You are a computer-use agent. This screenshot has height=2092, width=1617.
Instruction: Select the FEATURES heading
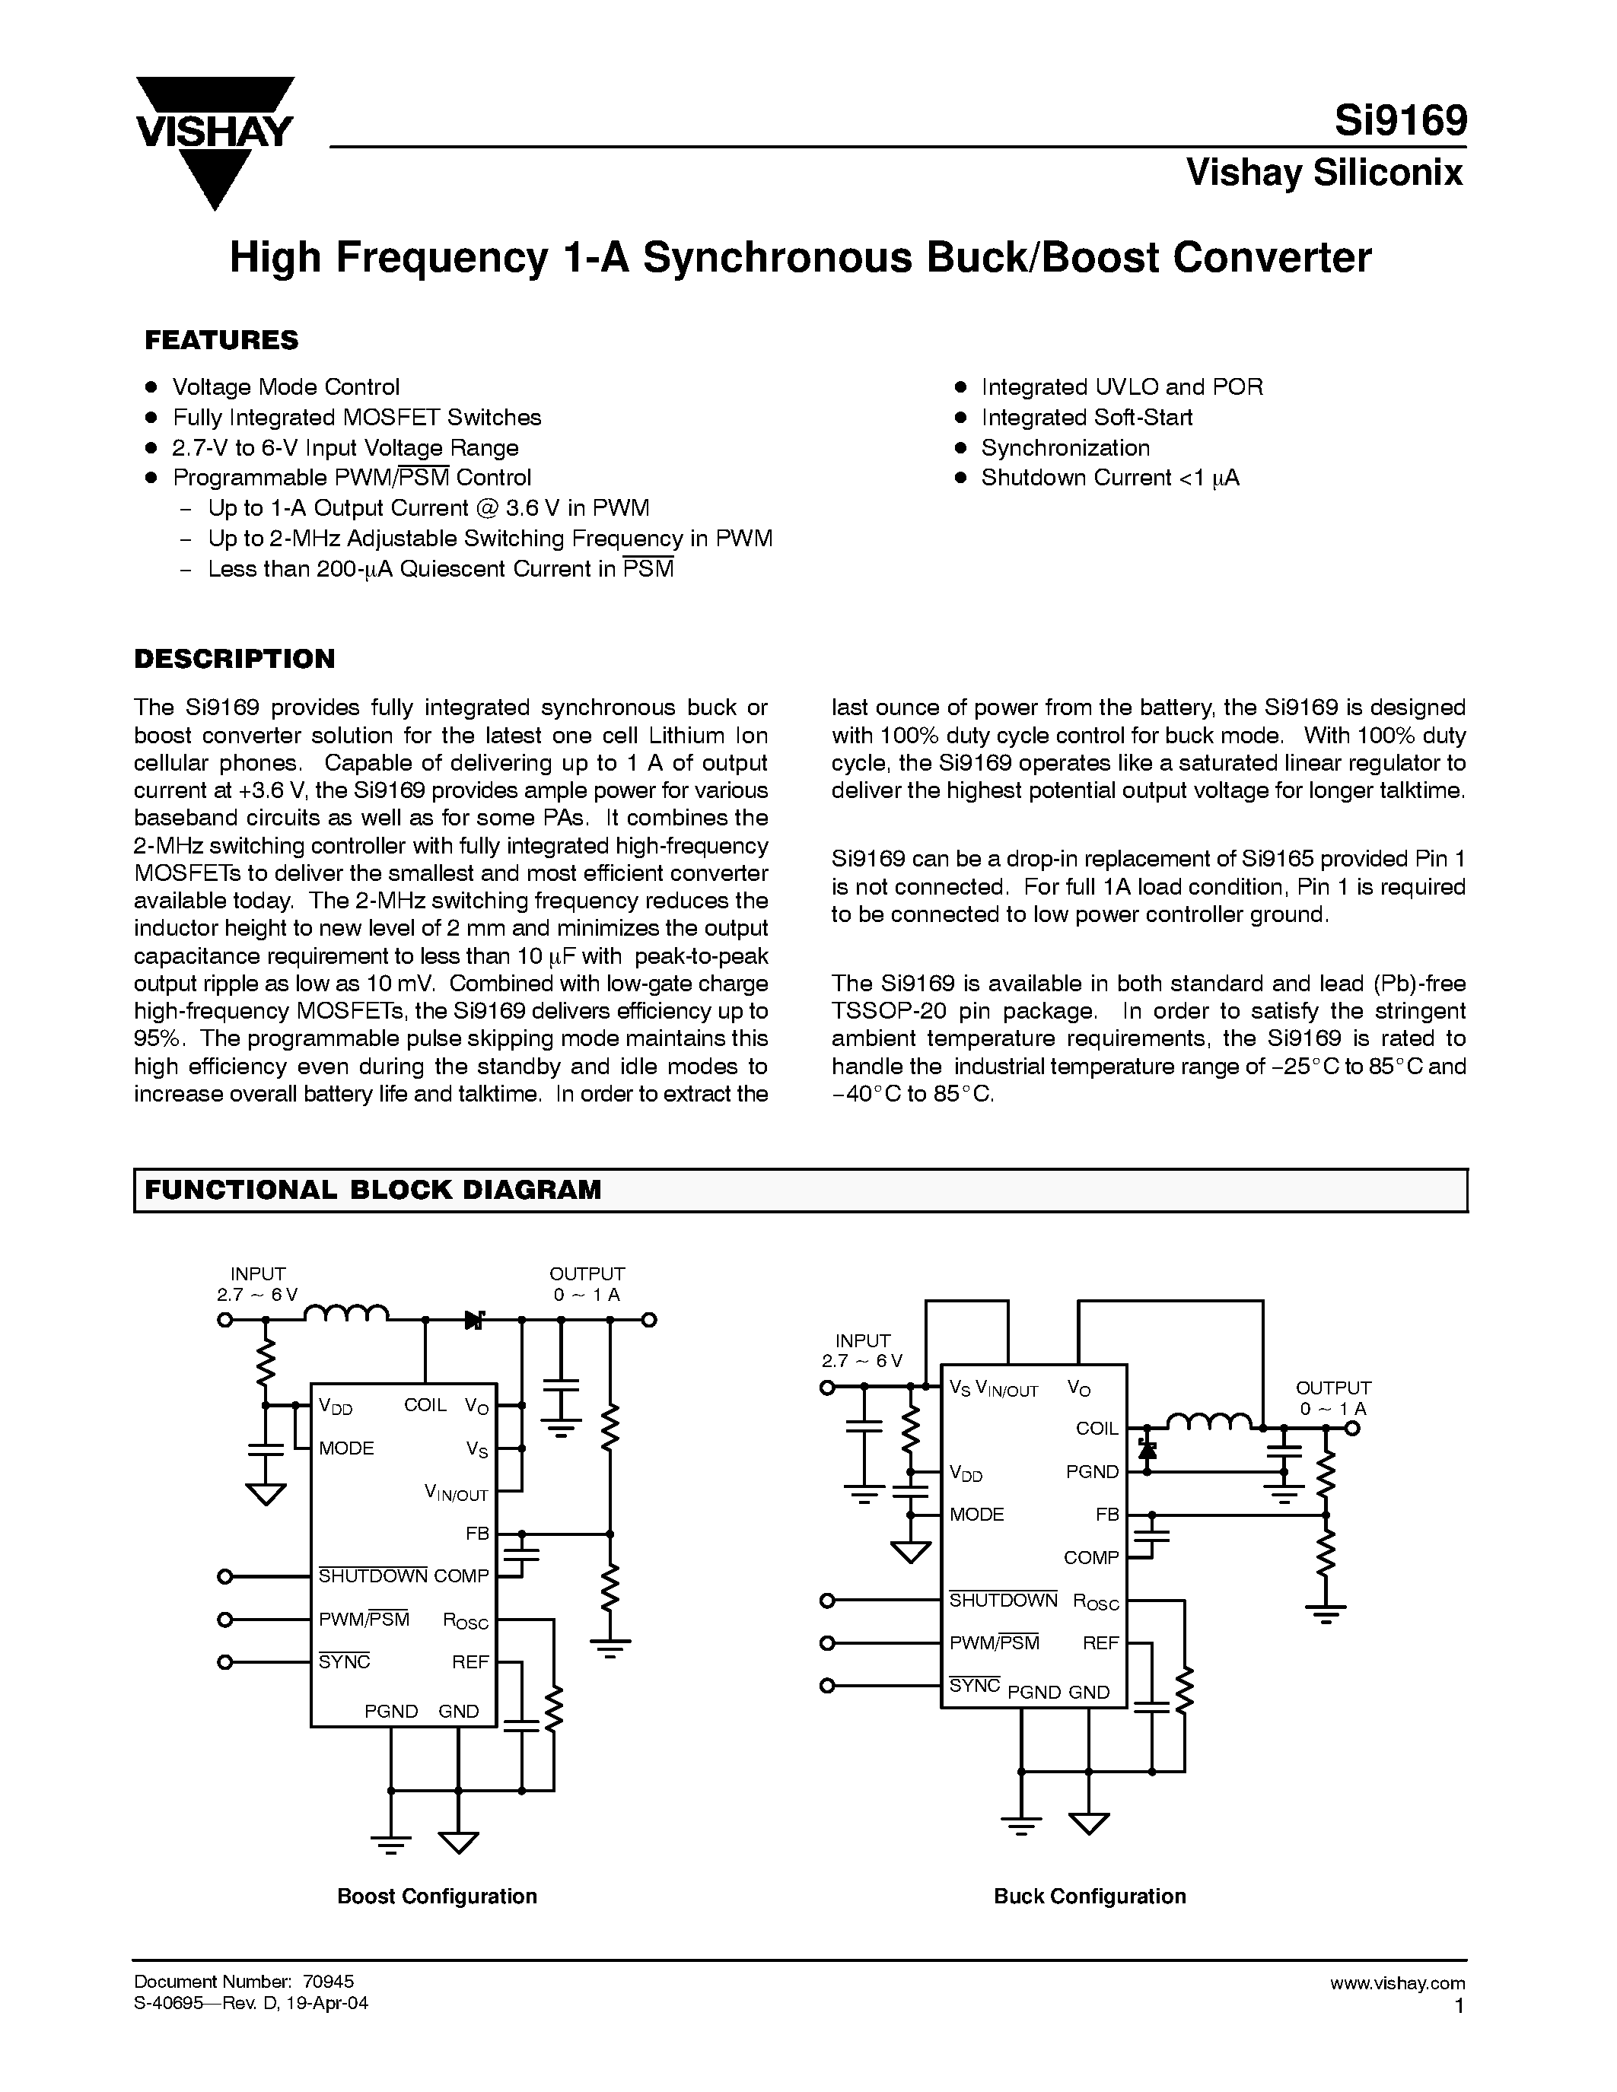coord(221,340)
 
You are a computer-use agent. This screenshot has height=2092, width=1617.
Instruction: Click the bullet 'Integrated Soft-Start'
coord(1087,418)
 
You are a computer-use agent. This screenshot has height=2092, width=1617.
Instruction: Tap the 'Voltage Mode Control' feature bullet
coord(285,387)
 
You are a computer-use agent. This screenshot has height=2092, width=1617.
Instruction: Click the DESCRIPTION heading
coord(234,659)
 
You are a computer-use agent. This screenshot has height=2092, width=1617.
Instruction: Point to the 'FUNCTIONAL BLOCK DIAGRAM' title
coord(373,1190)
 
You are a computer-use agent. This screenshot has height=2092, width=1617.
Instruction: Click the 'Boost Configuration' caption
coord(437,1896)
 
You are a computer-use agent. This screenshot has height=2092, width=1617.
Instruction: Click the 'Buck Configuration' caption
coord(1089,1896)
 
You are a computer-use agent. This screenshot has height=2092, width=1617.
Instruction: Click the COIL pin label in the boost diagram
coord(425,1405)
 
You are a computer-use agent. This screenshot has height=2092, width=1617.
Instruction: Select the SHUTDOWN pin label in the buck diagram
coord(1003,1601)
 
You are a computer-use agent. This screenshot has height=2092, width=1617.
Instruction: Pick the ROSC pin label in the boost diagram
coord(466,1620)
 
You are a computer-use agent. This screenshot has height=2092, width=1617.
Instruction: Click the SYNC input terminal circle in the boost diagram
coord(225,1662)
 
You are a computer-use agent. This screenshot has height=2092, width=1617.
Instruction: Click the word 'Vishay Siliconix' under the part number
coord(1324,173)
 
